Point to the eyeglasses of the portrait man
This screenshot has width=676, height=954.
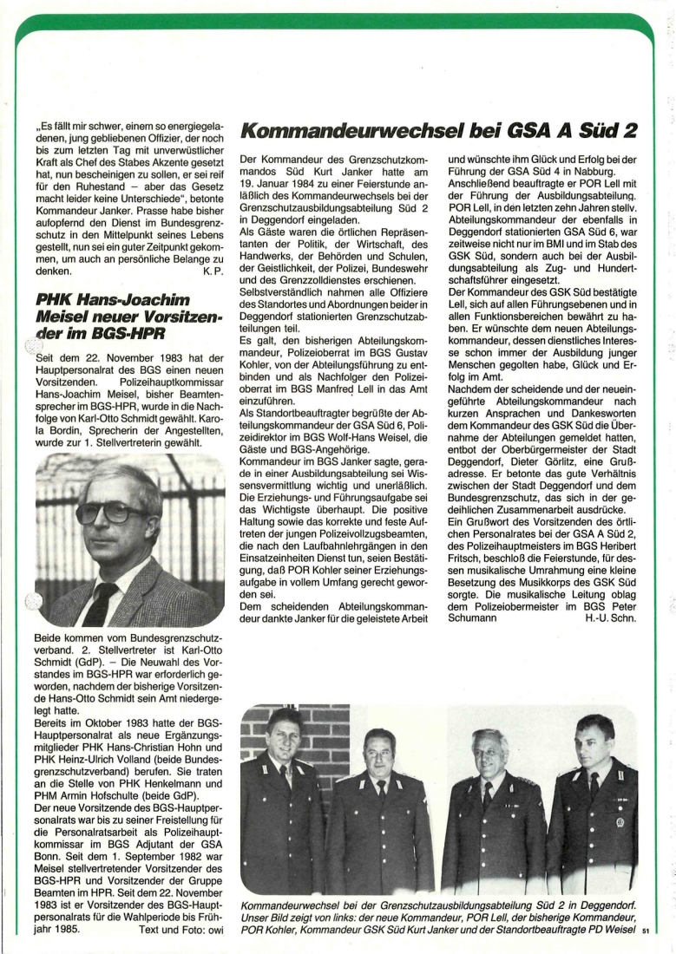pos(114,513)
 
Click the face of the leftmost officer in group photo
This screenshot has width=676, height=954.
pos(283,734)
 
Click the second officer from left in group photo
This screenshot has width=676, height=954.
pos(379,815)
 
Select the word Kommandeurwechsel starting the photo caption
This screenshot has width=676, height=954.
pos(288,903)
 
